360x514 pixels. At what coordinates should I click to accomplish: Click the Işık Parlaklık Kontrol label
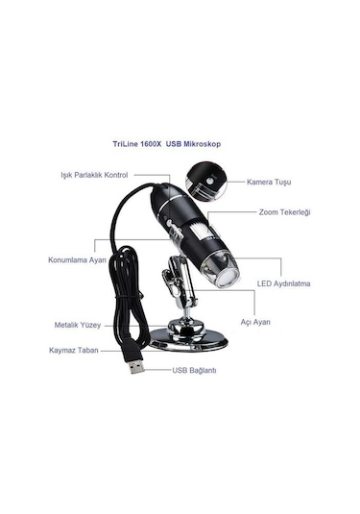coord(94,176)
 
